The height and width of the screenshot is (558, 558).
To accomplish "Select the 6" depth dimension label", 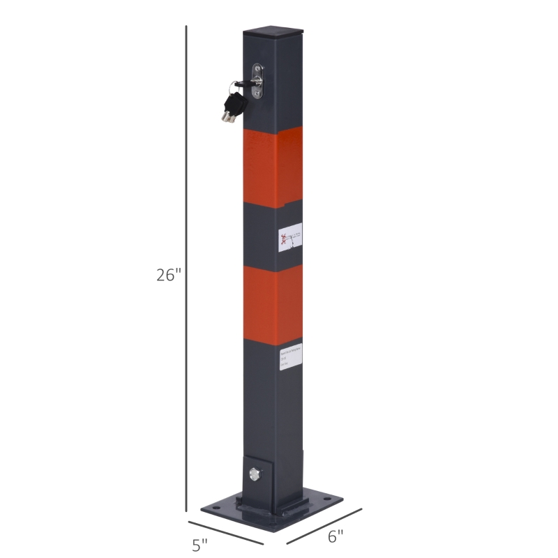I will [x=336, y=536].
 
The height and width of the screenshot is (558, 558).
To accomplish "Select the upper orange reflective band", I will [x=273, y=166].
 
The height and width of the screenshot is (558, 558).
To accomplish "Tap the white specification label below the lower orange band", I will [x=288, y=357].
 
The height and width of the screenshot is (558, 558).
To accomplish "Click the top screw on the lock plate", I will [x=258, y=69].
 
